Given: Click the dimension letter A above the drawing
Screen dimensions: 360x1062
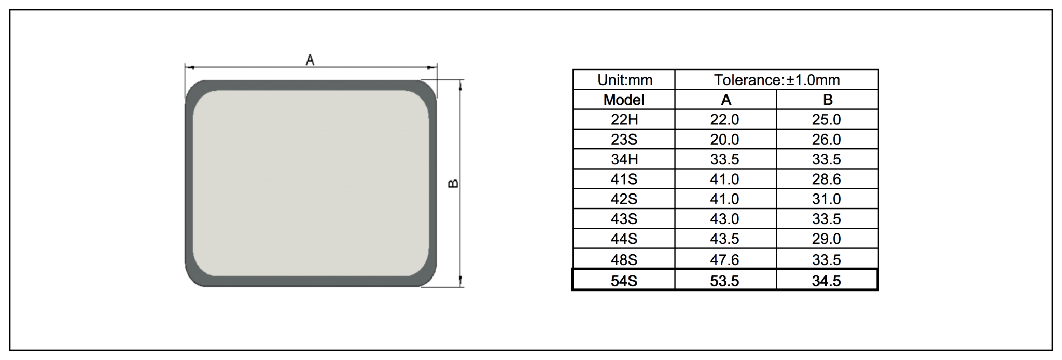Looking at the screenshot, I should [310, 60].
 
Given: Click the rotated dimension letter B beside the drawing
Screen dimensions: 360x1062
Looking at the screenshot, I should [453, 184].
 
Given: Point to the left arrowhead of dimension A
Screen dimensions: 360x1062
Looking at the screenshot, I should [189, 67].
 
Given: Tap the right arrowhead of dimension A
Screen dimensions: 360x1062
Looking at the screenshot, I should [432, 67].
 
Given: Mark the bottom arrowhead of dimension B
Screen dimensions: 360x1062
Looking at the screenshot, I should [460, 282].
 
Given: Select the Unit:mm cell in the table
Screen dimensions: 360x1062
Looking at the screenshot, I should [624, 80].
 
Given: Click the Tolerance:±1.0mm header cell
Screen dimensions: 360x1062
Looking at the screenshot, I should [776, 80].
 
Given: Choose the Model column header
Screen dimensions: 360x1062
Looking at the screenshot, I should [624, 100].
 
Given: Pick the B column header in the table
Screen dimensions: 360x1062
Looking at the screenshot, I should [827, 100].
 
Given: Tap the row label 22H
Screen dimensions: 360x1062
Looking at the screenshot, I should [624, 120].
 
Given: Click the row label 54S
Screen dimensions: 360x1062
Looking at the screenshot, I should [624, 281].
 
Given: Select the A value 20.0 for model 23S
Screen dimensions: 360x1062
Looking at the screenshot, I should [724, 140].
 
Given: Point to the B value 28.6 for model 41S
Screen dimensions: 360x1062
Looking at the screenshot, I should [826, 179].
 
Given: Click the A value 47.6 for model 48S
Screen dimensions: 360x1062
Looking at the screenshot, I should [724, 259].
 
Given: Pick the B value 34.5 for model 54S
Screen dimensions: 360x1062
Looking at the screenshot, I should [826, 281].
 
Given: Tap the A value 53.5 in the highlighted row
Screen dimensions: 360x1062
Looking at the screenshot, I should [724, 281].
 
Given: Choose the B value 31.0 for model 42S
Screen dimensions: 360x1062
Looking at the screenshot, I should [826, 199].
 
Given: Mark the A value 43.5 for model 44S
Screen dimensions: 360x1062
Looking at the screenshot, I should [724, 239].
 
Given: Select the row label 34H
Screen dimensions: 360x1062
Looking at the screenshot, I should [624, 159].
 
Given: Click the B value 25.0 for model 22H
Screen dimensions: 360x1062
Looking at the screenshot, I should [826, 120].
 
